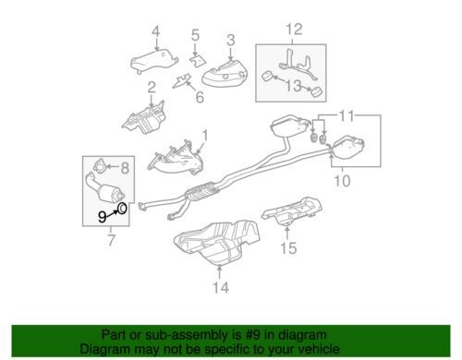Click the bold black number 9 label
pyautogui.click(x=102, y=217)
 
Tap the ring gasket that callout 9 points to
pyautogui.click(x=122, y=209)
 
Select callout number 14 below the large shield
pyautogui.click(x=221, y=288)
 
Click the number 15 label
pyautogui.click(x=288, y=248)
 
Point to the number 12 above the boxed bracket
pyautogui.click(x=295, y=30)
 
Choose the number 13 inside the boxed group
pyautogui.click(x=293, y=86)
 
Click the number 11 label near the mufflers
pyautogui.click(x=346, y=116)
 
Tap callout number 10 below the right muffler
pyautogui.click(x=342, y=181)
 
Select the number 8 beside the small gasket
pyautogui.click(x=125, y=168)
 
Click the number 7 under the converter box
pyautogui.click(x=111, y=240)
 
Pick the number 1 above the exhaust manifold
pyautogui.click(x=205, y=136)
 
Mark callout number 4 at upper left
pyautogui.click(x=156, y=32)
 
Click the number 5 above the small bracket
pyautogui.click(x=195, y=35)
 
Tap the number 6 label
pyautogui.click(x=200, y=97)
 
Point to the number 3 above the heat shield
pyautogui.click(x=231, y=41)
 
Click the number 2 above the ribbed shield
pyautogui.click(x=152, y=88)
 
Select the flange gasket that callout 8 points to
pyautogui.click(x=100, y=165)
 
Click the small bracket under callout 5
pyautogui.click(x=197, y=60)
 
